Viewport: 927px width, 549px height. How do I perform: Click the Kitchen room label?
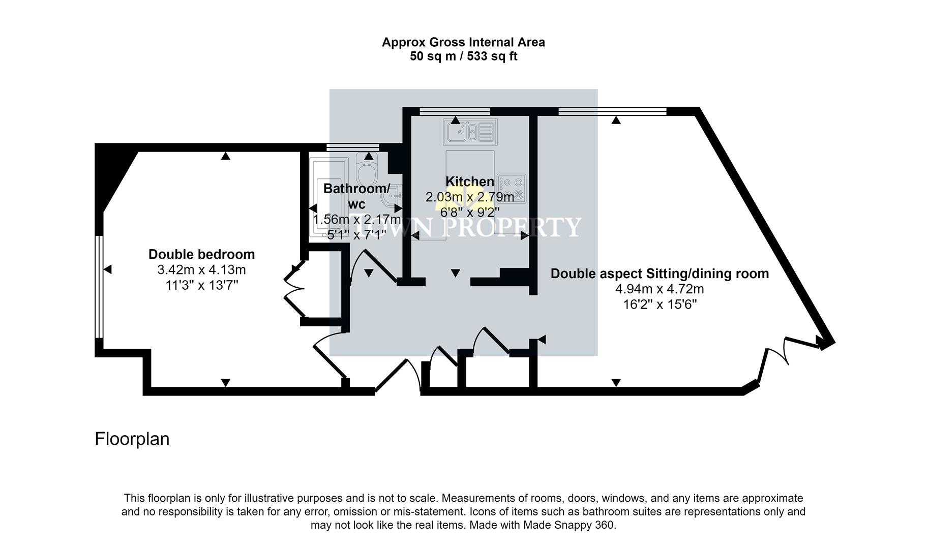pyautogui.click(x=469, y=181)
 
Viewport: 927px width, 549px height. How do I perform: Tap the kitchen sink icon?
pyautogui.click(x=470, y=132)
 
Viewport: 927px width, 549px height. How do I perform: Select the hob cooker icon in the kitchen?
pyautogui.click(x=512, y=188)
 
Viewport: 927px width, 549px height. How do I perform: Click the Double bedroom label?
pyautogui.click(x=201, y=254)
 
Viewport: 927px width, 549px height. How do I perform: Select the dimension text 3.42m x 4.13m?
pyautogui.click(x=201, y=270)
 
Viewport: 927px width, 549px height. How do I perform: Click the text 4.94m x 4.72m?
pyautogui.click(x=660, y=289)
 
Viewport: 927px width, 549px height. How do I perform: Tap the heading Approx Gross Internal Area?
pyautogui.click(x=463, y=42)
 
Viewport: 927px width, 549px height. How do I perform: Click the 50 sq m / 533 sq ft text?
pyautogui.click(x=463, y=56)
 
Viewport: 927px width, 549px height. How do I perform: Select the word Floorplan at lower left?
pyautogui.click(x=132, y=439)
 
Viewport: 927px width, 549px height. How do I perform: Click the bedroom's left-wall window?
pyautogui.click(x=99, y=287)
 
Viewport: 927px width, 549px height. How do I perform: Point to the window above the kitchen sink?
pyautogui.click(x=454, y=111)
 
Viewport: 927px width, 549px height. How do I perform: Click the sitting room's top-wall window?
pyautogui.click(x=612, y=111)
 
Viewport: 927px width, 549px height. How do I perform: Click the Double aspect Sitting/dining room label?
pyautogui.click(x=660, y=273)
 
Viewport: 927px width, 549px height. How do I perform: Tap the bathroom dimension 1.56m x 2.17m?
pyautogui.click(x=356, y=220)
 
